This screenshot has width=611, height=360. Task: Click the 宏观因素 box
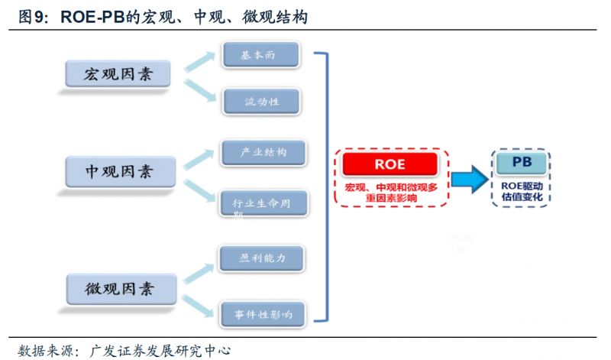pyautogui.click(x=118, y=74)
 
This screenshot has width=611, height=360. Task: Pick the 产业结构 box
pyautogui.click(x=263, y=152)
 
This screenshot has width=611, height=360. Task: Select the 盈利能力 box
pyautogui.click(x=262, y=258)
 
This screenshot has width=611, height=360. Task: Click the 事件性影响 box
pyautogui.click(x=263, y=313)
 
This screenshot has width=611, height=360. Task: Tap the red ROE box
pyautogui.click(x=390, y=164)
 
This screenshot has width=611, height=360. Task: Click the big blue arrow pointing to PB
pyautogui.click(x=468, y=180)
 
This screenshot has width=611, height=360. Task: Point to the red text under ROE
pyautogui.click(x=390, y=192)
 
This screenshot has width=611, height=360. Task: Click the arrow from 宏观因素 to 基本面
pyautogui.click(x=200, y=62)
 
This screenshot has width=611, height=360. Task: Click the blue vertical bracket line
pyautogui.click(x=327, y=183)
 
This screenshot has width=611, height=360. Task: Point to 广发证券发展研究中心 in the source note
pyautogui.click(x=160, y=351)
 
